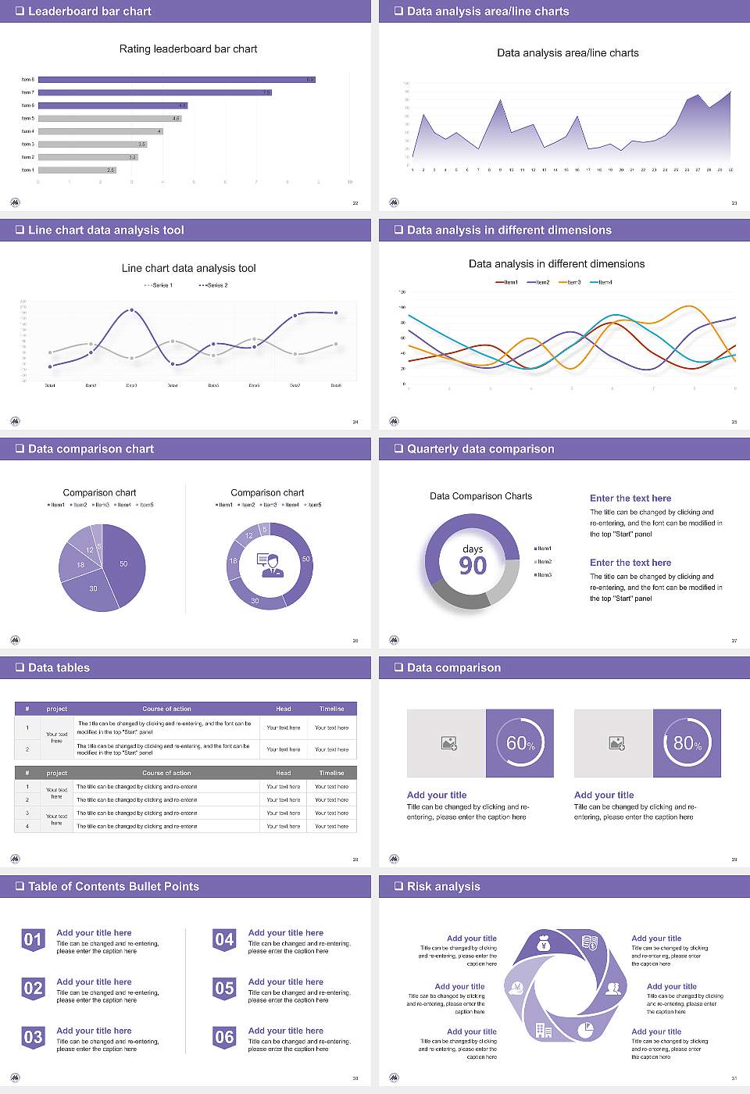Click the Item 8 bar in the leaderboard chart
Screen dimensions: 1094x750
click(177, 80)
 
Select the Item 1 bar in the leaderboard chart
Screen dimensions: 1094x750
click(77, 170)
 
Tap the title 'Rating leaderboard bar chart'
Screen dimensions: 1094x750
click(188, 48)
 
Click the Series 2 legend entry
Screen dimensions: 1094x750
click(213, 285)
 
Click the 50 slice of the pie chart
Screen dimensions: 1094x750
click(123, 563)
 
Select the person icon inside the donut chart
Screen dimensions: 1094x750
click(271, 565)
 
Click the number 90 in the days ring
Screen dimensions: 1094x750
click(473, 566)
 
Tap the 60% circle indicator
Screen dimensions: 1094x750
click(520, 743)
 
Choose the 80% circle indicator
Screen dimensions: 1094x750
click(687, 743)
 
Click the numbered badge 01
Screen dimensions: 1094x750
click(33, 940)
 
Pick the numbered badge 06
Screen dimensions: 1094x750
click(224, 1038)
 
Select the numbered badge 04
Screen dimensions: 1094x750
click(224, 940)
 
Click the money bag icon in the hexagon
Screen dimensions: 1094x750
click(545, 946)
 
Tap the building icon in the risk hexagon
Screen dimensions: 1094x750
click(544, 1031)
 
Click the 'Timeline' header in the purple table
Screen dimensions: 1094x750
click(331, 709)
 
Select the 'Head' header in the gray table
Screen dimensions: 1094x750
click(283, 773)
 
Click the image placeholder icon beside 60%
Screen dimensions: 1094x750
click(448, 743)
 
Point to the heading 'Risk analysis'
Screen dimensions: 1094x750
click(444, 886)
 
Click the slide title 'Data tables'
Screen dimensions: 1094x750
click(59, 667)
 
